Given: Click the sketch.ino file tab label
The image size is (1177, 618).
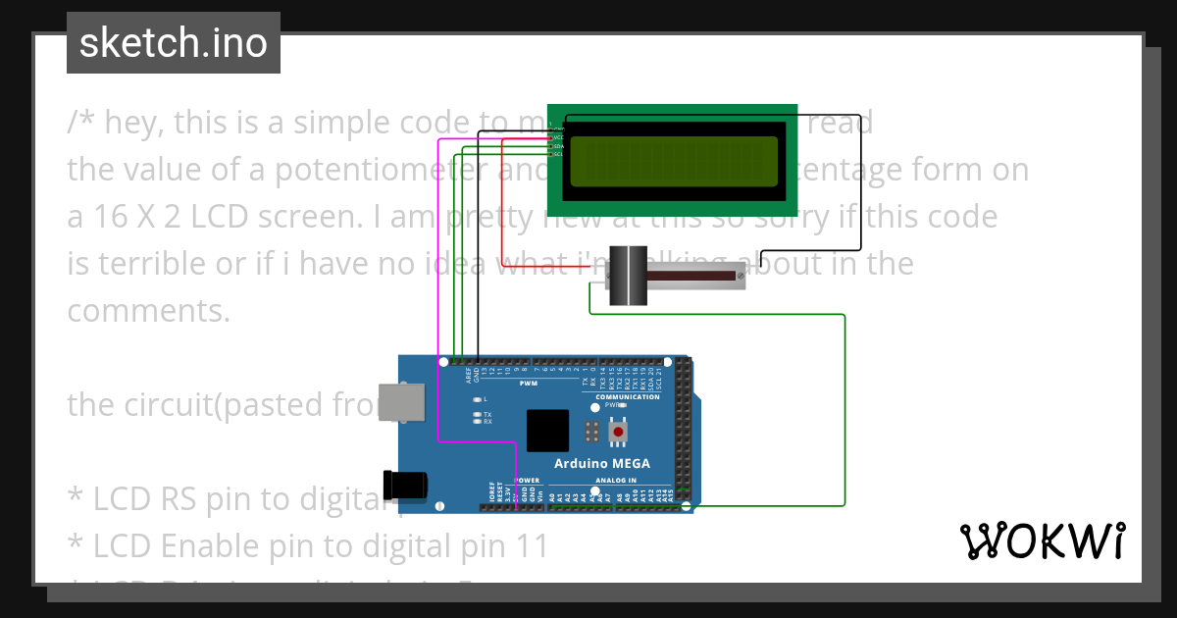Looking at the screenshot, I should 173,43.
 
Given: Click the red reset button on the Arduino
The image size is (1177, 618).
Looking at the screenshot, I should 618,431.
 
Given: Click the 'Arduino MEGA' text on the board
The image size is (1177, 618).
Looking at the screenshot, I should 601,464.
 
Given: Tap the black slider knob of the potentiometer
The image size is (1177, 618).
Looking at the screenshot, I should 625,277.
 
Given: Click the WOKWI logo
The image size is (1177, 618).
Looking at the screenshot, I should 1042,541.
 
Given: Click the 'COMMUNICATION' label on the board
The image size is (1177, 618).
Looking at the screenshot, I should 628,397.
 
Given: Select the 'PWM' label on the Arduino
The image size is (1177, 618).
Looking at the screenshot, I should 528,383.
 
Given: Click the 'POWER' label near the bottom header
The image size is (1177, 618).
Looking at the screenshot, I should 528,481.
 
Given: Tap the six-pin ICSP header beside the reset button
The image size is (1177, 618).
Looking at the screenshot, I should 591,431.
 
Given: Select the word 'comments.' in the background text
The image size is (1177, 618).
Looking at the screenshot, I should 148,311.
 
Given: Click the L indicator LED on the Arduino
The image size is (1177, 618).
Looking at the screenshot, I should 476,399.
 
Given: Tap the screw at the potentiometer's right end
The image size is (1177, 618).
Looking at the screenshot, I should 739,278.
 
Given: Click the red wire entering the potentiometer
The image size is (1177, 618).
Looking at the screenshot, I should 549,266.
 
